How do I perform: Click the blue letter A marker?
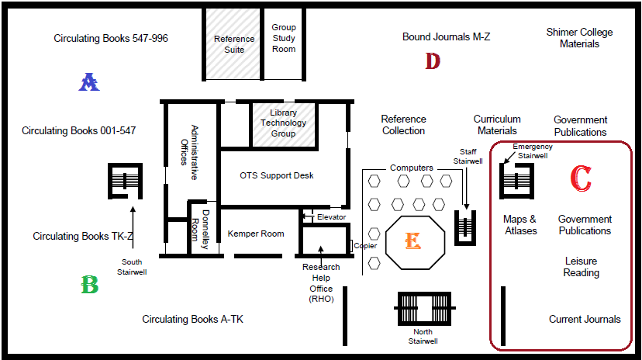[x=89, y=81]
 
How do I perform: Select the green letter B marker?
[x=89, y=286]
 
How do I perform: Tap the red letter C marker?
[x=580, y=178]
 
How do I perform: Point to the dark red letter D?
[x=433, y=61]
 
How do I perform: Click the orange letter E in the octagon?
[x=412, y=241]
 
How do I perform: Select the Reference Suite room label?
[x=234, y=44]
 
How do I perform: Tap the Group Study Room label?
[x=284, y=38]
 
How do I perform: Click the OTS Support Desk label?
[x=277, y=175]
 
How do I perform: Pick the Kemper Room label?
[x=256, y=233]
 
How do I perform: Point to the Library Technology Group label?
[x=283, y=123]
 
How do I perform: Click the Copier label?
[x=365, y=246]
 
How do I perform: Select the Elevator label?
[x=331, y=217]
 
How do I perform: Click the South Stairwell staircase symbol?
[x=124, y=182]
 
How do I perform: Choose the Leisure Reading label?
[x=582, y=267]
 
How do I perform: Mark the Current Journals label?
[x=585, y=319]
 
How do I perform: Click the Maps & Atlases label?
[x=519, y=225]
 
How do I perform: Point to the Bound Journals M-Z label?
[x=446, y=36]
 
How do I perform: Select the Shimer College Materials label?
[x=579, y=38]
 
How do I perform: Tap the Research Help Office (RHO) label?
[x=320, y=282]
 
